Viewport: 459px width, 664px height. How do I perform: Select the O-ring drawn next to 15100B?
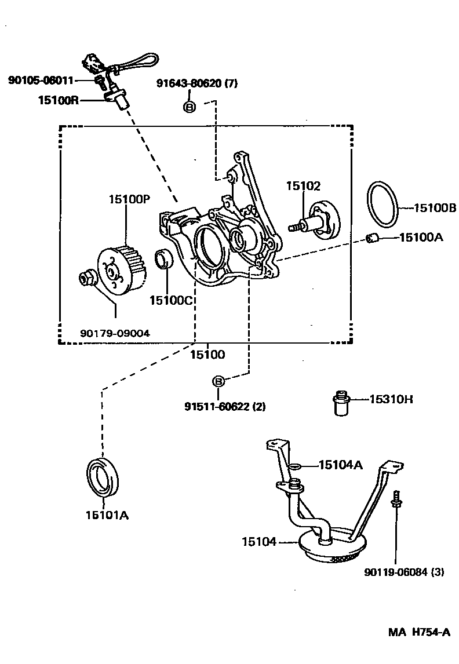tap(382, 206)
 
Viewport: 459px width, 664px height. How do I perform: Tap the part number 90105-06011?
tap(41, 80)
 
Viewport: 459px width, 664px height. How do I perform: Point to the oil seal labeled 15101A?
tap(103, 476)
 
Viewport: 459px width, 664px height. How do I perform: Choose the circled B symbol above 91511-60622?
tap(218, 381)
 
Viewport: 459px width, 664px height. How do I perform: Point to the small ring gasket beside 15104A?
tap(294, 466)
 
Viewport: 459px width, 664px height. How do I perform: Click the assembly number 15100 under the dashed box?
tap(208, 354)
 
